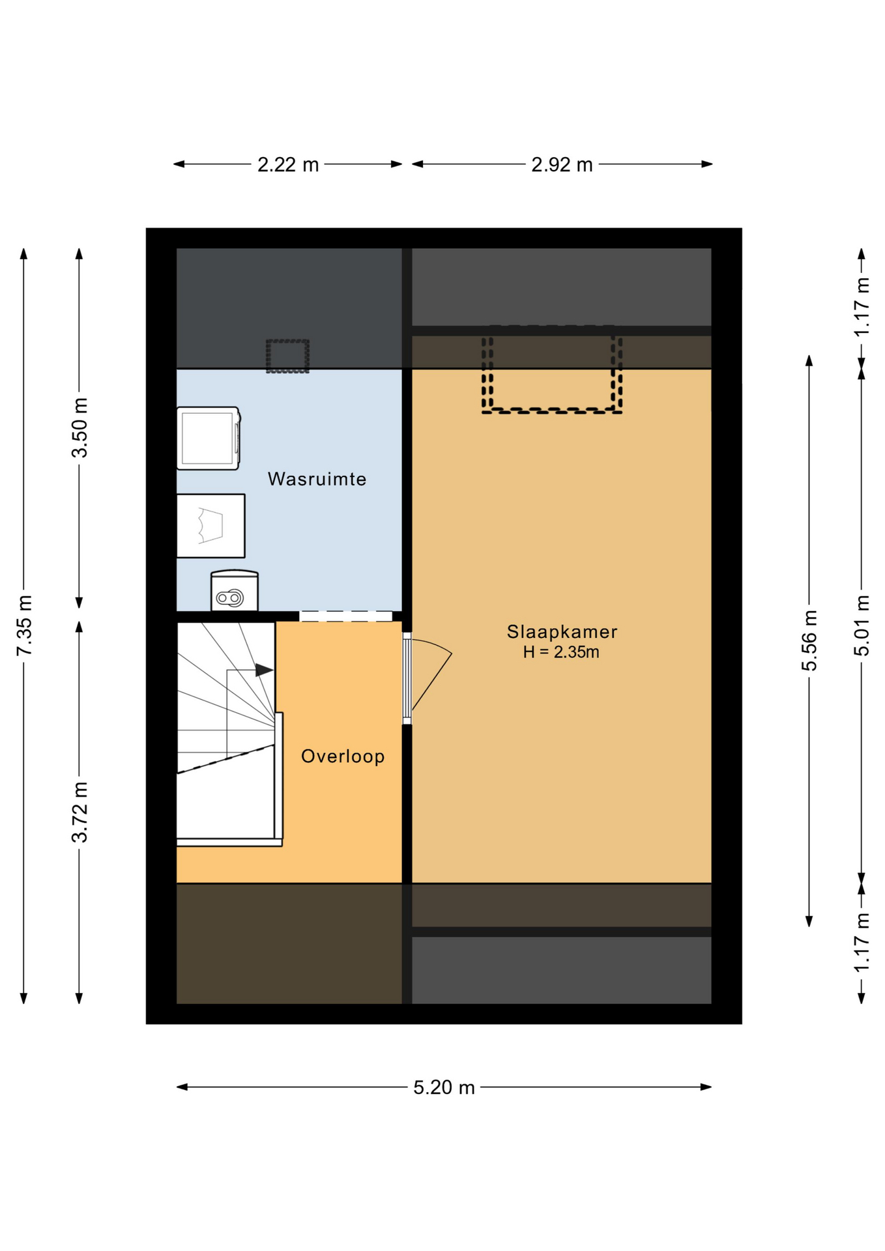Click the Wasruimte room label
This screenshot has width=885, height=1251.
click(x=317, y=479)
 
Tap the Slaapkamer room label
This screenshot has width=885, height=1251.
click(x=562, y=631)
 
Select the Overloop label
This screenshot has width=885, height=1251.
click(x=343, y=756)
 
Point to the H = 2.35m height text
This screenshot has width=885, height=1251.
click(x=561, y=652)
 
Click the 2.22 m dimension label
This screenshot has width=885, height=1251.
click(x=288, y=165)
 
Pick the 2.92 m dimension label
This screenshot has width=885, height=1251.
click(x=562, y=165)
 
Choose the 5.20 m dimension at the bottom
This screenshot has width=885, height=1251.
click(x=444, y=1087)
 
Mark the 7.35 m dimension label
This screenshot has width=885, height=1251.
click(x=24, y=625)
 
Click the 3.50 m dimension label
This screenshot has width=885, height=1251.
click(x=80, y=427)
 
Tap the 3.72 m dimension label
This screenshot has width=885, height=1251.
click(x=80, y=812)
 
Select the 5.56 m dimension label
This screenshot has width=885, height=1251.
click(x=809, y=640)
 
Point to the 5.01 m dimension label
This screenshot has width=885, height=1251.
click(x=862, y=625)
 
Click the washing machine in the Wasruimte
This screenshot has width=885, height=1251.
click(x=209, y=438)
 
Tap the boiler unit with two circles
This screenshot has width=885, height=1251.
click(x=235, y=591)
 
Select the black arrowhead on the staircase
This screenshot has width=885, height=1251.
click(x=264, y=670)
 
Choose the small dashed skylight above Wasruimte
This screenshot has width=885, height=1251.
click(x=287, y=356)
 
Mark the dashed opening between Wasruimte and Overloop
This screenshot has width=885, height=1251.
click(x=345, y=616)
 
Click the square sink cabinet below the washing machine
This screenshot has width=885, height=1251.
click(x=211, y=526)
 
